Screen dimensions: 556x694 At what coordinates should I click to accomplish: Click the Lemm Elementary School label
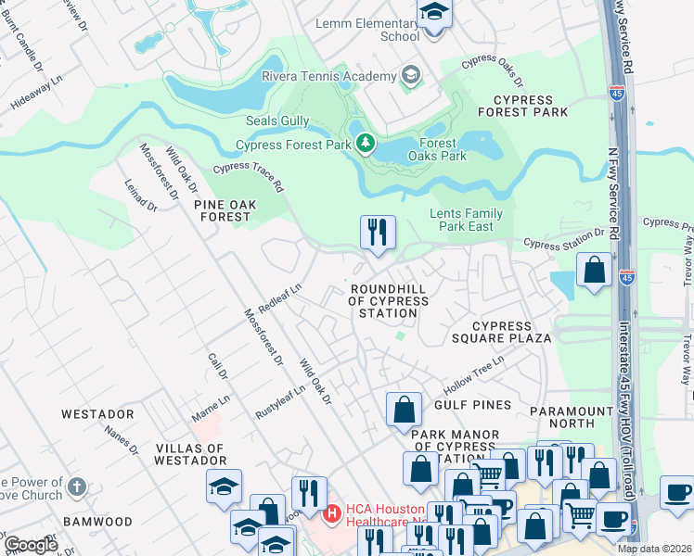367,30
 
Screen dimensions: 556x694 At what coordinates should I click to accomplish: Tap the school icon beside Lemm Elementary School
433,15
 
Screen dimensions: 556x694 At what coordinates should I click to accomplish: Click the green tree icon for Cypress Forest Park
366,144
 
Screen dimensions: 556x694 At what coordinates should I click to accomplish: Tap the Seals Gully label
276,121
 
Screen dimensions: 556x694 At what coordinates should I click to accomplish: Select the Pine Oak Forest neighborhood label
222,208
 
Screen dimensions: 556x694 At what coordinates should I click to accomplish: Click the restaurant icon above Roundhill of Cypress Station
378,232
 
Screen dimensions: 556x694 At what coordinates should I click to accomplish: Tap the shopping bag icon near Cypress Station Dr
594,270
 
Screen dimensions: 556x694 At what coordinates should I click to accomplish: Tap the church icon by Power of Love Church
77,486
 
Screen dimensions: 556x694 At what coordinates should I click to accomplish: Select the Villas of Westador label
189,454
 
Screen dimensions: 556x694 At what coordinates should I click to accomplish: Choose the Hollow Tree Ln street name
473,372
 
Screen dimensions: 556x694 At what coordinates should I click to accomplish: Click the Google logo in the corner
31,545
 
